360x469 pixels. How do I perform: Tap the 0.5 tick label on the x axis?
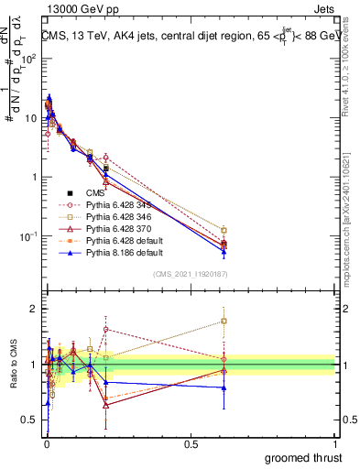191,444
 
